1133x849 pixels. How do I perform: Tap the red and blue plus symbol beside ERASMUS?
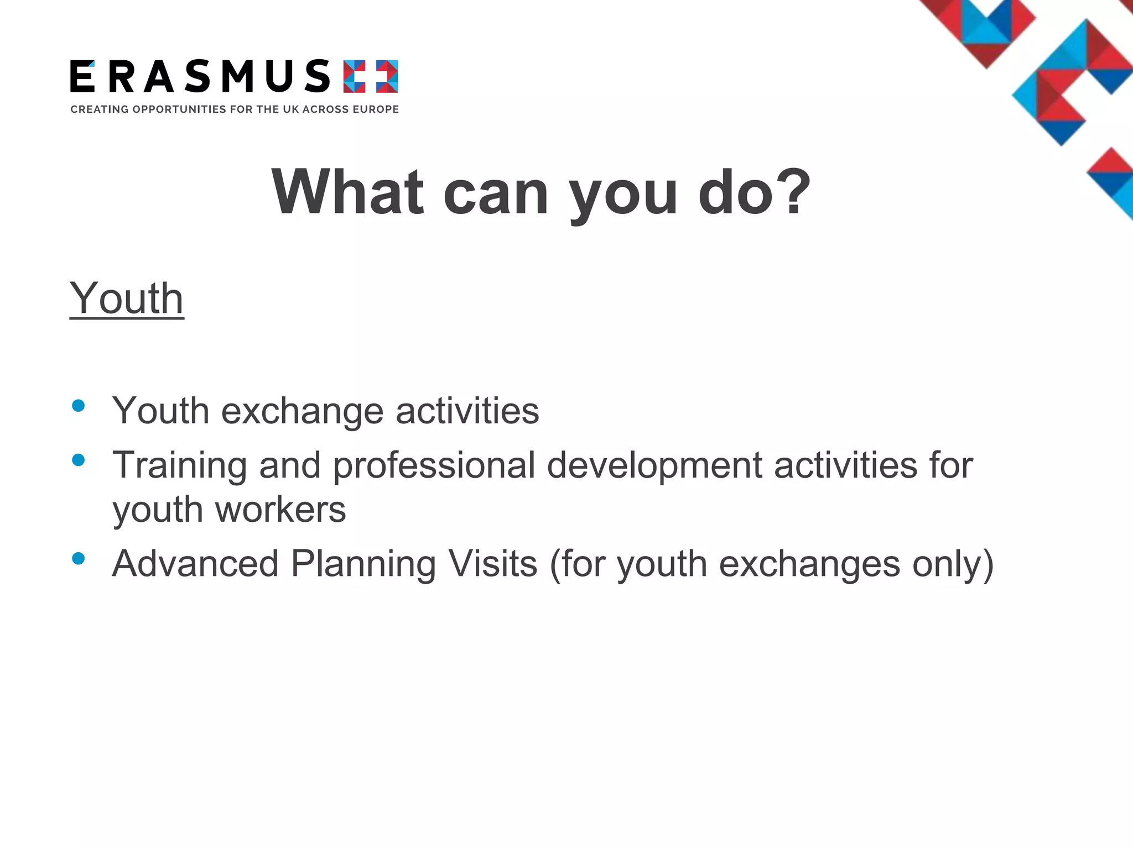[x=370, y=76]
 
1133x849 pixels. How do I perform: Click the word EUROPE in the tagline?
[x=376, y=109]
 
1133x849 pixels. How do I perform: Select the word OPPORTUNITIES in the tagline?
[x=179, y=109]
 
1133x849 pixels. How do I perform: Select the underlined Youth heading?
[x=127, y=298]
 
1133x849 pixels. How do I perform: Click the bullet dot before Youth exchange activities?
[x=79, y=406]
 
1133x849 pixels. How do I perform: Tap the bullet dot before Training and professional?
[x=79, y=460]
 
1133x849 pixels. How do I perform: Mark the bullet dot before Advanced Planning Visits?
[x=79, y=558]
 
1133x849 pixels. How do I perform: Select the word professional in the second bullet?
[x=434, y=466]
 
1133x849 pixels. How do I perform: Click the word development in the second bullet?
[x=654, y=466]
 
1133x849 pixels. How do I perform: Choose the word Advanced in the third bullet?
[x=195, y=564]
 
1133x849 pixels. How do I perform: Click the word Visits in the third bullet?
[x=492, y=564]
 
